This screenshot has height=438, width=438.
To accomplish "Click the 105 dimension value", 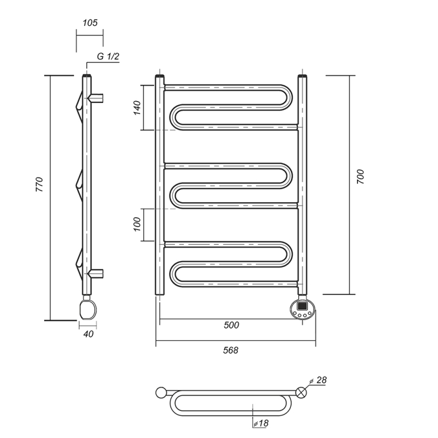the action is (x=90, y=22).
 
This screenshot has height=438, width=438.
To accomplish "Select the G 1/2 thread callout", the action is (x=108, y=56).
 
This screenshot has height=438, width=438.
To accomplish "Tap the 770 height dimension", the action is (x=40, y=185).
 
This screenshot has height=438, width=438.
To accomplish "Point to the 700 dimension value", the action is (x=360, y=176).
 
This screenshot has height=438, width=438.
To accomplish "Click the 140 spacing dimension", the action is (x=137, y=108).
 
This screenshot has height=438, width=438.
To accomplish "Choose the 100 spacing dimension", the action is (x=137, y=224).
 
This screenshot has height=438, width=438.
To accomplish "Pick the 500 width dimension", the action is (x=232, y=325).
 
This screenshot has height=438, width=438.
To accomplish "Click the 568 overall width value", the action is (x=230, y=350).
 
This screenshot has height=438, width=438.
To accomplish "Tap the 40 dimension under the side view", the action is (x=89, y=334).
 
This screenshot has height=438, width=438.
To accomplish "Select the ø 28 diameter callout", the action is (x=318, y=380).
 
